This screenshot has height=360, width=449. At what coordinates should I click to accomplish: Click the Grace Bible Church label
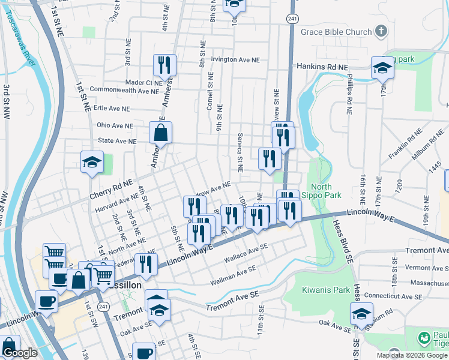tap(337, 31)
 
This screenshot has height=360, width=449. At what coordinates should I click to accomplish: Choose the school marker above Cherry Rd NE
tap(92, 162)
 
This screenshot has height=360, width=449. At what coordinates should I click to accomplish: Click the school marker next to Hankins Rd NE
tap(382, 67)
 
